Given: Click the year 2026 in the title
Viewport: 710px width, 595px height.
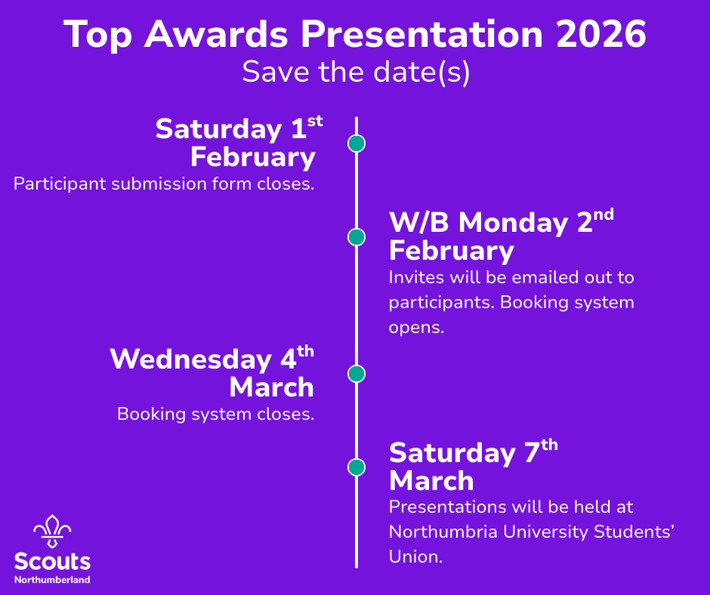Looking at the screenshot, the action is (601, 34).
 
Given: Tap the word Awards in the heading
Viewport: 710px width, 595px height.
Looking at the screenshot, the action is (216, 34).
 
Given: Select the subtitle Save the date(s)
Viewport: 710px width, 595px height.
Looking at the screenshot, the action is (356, 72).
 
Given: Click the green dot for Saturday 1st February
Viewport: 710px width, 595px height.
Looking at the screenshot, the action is (357, 143).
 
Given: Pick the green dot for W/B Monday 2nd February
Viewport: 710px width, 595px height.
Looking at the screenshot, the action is (357, 237).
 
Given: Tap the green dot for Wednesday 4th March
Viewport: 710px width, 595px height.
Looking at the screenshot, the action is (357, 374).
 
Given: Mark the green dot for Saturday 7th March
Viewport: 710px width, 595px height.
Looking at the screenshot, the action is (357, 467).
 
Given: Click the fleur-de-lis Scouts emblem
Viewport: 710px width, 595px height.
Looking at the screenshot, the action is (53, 531).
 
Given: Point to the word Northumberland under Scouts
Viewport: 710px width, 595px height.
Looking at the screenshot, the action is (52, 580).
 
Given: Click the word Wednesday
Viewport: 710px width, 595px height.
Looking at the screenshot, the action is (190, 360).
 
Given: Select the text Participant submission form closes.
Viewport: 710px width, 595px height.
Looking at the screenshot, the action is (164, 183).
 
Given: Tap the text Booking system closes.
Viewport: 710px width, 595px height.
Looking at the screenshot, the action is (215, 414).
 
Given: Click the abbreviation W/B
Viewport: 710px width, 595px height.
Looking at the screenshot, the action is (419, 222).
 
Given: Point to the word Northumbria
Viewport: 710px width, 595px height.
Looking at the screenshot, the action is (443, 532).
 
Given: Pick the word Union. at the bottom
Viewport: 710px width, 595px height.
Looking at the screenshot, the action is (415, 556).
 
